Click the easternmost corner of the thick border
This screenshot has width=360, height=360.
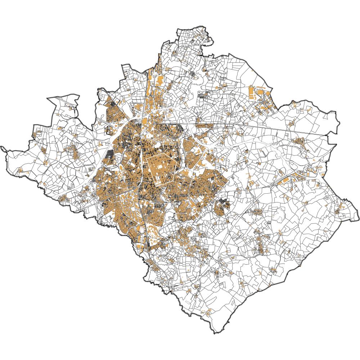pos(359,218)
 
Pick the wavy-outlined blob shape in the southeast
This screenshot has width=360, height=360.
pos(279,216)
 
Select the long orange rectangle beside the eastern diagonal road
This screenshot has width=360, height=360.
pos(284,180)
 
